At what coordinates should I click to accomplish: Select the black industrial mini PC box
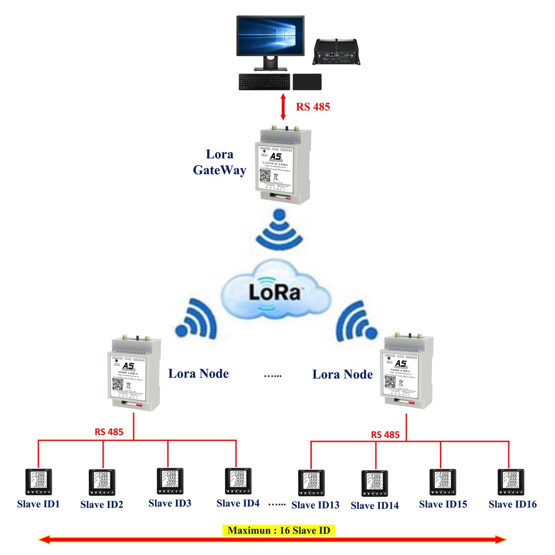pos(338,54)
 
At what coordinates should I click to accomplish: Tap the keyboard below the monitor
pos(263,82)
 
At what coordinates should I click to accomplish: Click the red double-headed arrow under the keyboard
pos(282,107)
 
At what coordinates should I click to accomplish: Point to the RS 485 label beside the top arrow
pos(313,107)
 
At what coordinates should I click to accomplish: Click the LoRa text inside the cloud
pos(275,292)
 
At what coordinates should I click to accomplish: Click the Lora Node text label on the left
pos(198,373)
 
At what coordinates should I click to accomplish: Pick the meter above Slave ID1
pos(38,481)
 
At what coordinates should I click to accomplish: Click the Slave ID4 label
pos(238,503)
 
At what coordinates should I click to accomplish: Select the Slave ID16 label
pos(512,505)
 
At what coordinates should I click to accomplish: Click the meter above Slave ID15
pos(443,482)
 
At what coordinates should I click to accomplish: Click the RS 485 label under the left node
pos(109,432)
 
